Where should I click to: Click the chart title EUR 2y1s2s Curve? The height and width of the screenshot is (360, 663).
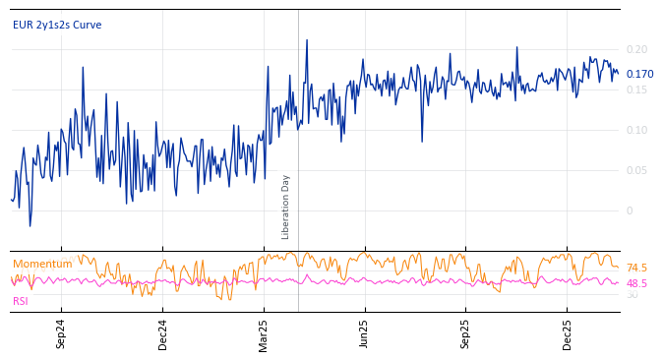(x=57, y=26)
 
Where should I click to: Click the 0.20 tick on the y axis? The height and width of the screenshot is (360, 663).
(x=636, y=49)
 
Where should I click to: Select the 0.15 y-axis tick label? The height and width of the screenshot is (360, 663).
(x=636, y=90)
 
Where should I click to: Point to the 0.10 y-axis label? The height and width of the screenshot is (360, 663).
(x=636, y=130)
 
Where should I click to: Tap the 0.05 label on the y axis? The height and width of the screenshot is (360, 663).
(x=636, y=170)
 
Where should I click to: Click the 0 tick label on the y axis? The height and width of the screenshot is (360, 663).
(x=630, y=210)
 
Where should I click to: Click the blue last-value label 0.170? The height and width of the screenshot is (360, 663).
(x=639, y=74)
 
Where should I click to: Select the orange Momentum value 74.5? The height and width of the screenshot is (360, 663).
(x=636, y=268)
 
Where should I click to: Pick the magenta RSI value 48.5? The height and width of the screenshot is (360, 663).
(x=636, y=283)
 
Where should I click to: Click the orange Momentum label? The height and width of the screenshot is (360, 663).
(x=42, y=264)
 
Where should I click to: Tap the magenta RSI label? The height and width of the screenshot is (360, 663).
(x=21, y=301)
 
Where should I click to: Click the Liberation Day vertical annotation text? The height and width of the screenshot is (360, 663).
(x=286, y=207)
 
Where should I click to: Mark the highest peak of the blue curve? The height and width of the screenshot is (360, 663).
(x=306, y=40)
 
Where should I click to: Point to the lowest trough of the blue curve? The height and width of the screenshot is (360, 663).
(x=30, y=226)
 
